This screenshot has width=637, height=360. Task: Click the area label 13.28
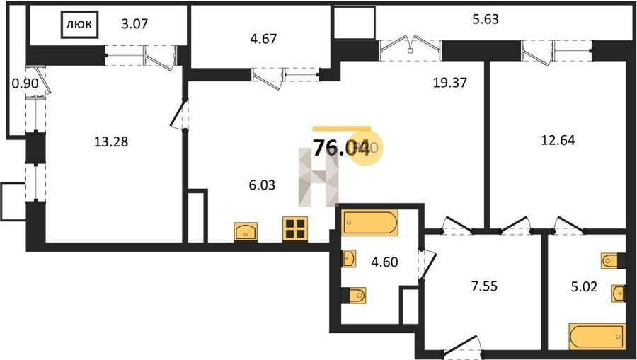[x=111, y=142]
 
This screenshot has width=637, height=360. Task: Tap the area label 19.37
[x=450, y=83]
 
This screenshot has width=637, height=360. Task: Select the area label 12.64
[x=558, y=141]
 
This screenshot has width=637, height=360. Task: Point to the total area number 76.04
[x=342, y=148]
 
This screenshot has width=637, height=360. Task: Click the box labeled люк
[x=79, y=25]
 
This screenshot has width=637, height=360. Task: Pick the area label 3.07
[x=134, y=24]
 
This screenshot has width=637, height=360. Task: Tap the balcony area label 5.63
[x=485, y=19]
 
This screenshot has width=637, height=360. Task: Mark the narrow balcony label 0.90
[x=25, y=84]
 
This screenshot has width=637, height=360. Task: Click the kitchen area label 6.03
[x=262, y=185]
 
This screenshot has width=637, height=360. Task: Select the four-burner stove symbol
[x=295, y=229]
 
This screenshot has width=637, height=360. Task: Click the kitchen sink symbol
[x=246, y=232]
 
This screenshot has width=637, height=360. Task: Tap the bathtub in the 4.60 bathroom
[x=369, y=222]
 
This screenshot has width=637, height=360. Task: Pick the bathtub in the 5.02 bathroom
[x=597, y=336]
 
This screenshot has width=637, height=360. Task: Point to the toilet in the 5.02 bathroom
[x=613, y=260]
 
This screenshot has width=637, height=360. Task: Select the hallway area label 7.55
[x=483, y=286]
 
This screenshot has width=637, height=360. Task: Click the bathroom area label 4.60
[x=385, y=262]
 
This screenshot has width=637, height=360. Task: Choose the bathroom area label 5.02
[x=584, y=287]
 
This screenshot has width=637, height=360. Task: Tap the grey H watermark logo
[x=319, y=177]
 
